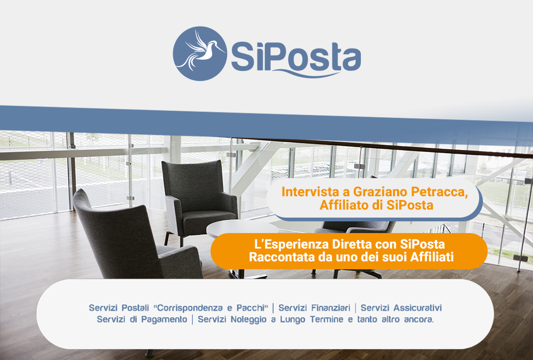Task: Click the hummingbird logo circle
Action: tap(200, 54)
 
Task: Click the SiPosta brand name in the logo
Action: tap(296, 57)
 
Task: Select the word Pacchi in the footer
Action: tap(251, 308)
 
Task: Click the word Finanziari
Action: tap(330, 308)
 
